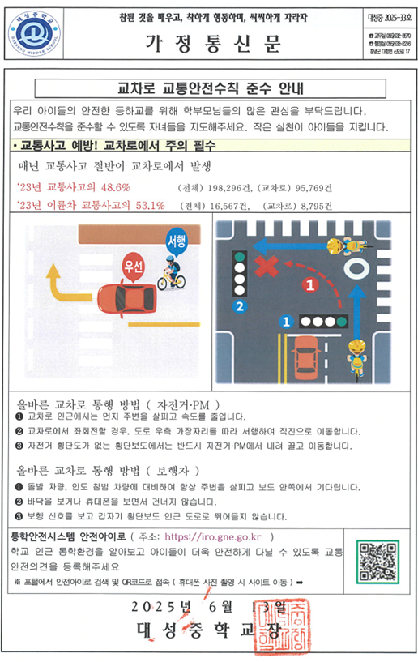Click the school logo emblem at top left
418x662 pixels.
pyautogui.click(x=35, y=35)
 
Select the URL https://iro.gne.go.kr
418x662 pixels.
pyautogui.click(x=216, y=536)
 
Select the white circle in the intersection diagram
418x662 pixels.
pyautogui.click(x=356, y=267)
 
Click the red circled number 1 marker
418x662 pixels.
pyautogui.click(x=309, y=284)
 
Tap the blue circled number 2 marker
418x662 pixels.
pyautogui.click(x=238, y=305)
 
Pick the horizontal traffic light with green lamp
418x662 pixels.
pyautogui.click(x=322, y=321)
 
